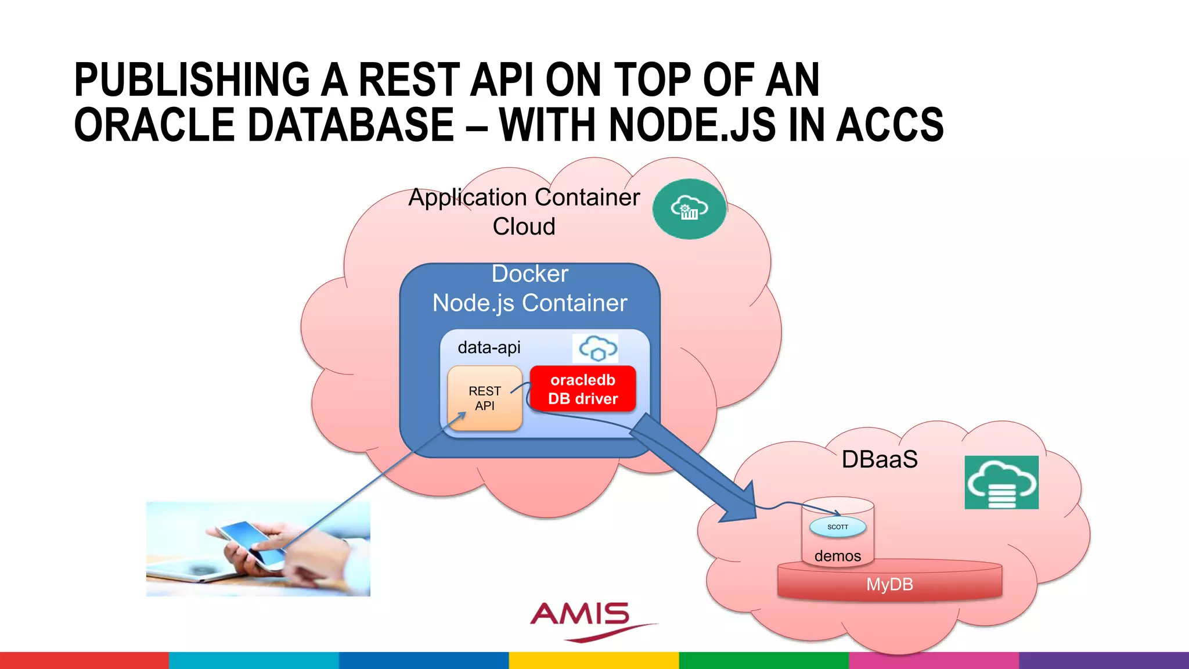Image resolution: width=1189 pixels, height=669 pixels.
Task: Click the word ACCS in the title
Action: tap(889, 125)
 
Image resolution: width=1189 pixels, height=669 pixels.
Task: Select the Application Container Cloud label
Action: tap(524, 211)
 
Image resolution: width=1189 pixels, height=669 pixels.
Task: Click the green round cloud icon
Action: tap(689, 209)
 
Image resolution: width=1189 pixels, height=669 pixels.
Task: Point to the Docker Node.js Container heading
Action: tap(529, 289)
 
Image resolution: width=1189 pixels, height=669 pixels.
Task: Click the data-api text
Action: tap(489, 348)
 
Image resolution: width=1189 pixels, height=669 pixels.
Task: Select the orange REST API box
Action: tap(484, 398)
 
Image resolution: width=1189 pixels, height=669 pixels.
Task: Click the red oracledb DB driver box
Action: tap(583, 389)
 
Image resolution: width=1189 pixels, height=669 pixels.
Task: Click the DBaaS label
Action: tap(880, 459)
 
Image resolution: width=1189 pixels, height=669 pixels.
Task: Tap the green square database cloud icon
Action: tap(1001, 483)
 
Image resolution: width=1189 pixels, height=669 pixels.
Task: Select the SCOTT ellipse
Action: tap(838, 527)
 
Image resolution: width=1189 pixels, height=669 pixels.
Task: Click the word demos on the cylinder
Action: tap(837, 556)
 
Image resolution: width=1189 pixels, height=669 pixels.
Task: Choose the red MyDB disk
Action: tap(889, 584)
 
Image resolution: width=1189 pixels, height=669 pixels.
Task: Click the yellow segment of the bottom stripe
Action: tap(593, 660)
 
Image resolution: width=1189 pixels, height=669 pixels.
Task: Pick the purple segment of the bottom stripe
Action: tap(1103, 660)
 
